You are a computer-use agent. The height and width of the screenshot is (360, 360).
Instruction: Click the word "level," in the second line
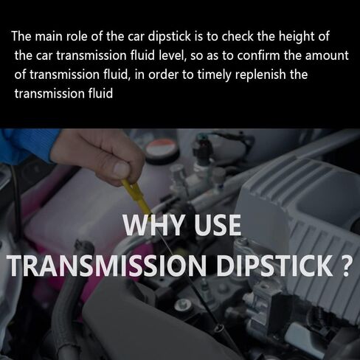(x=172, y=55)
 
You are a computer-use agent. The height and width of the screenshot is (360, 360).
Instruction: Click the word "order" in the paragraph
(x=163, y=75)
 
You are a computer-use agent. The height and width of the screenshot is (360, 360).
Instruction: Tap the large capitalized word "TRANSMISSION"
(x=107, y=266)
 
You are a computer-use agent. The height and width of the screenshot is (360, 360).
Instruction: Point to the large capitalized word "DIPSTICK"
(x=274, y=266)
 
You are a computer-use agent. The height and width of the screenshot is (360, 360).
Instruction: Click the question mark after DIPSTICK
(x=344, y=266)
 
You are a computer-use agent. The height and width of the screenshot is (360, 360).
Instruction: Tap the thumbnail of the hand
(x=121, y=170)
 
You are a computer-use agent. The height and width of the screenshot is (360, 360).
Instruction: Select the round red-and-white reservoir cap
(x=161, y=148)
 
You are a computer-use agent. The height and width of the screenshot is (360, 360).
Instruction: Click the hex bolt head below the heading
(x=182, y=305)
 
